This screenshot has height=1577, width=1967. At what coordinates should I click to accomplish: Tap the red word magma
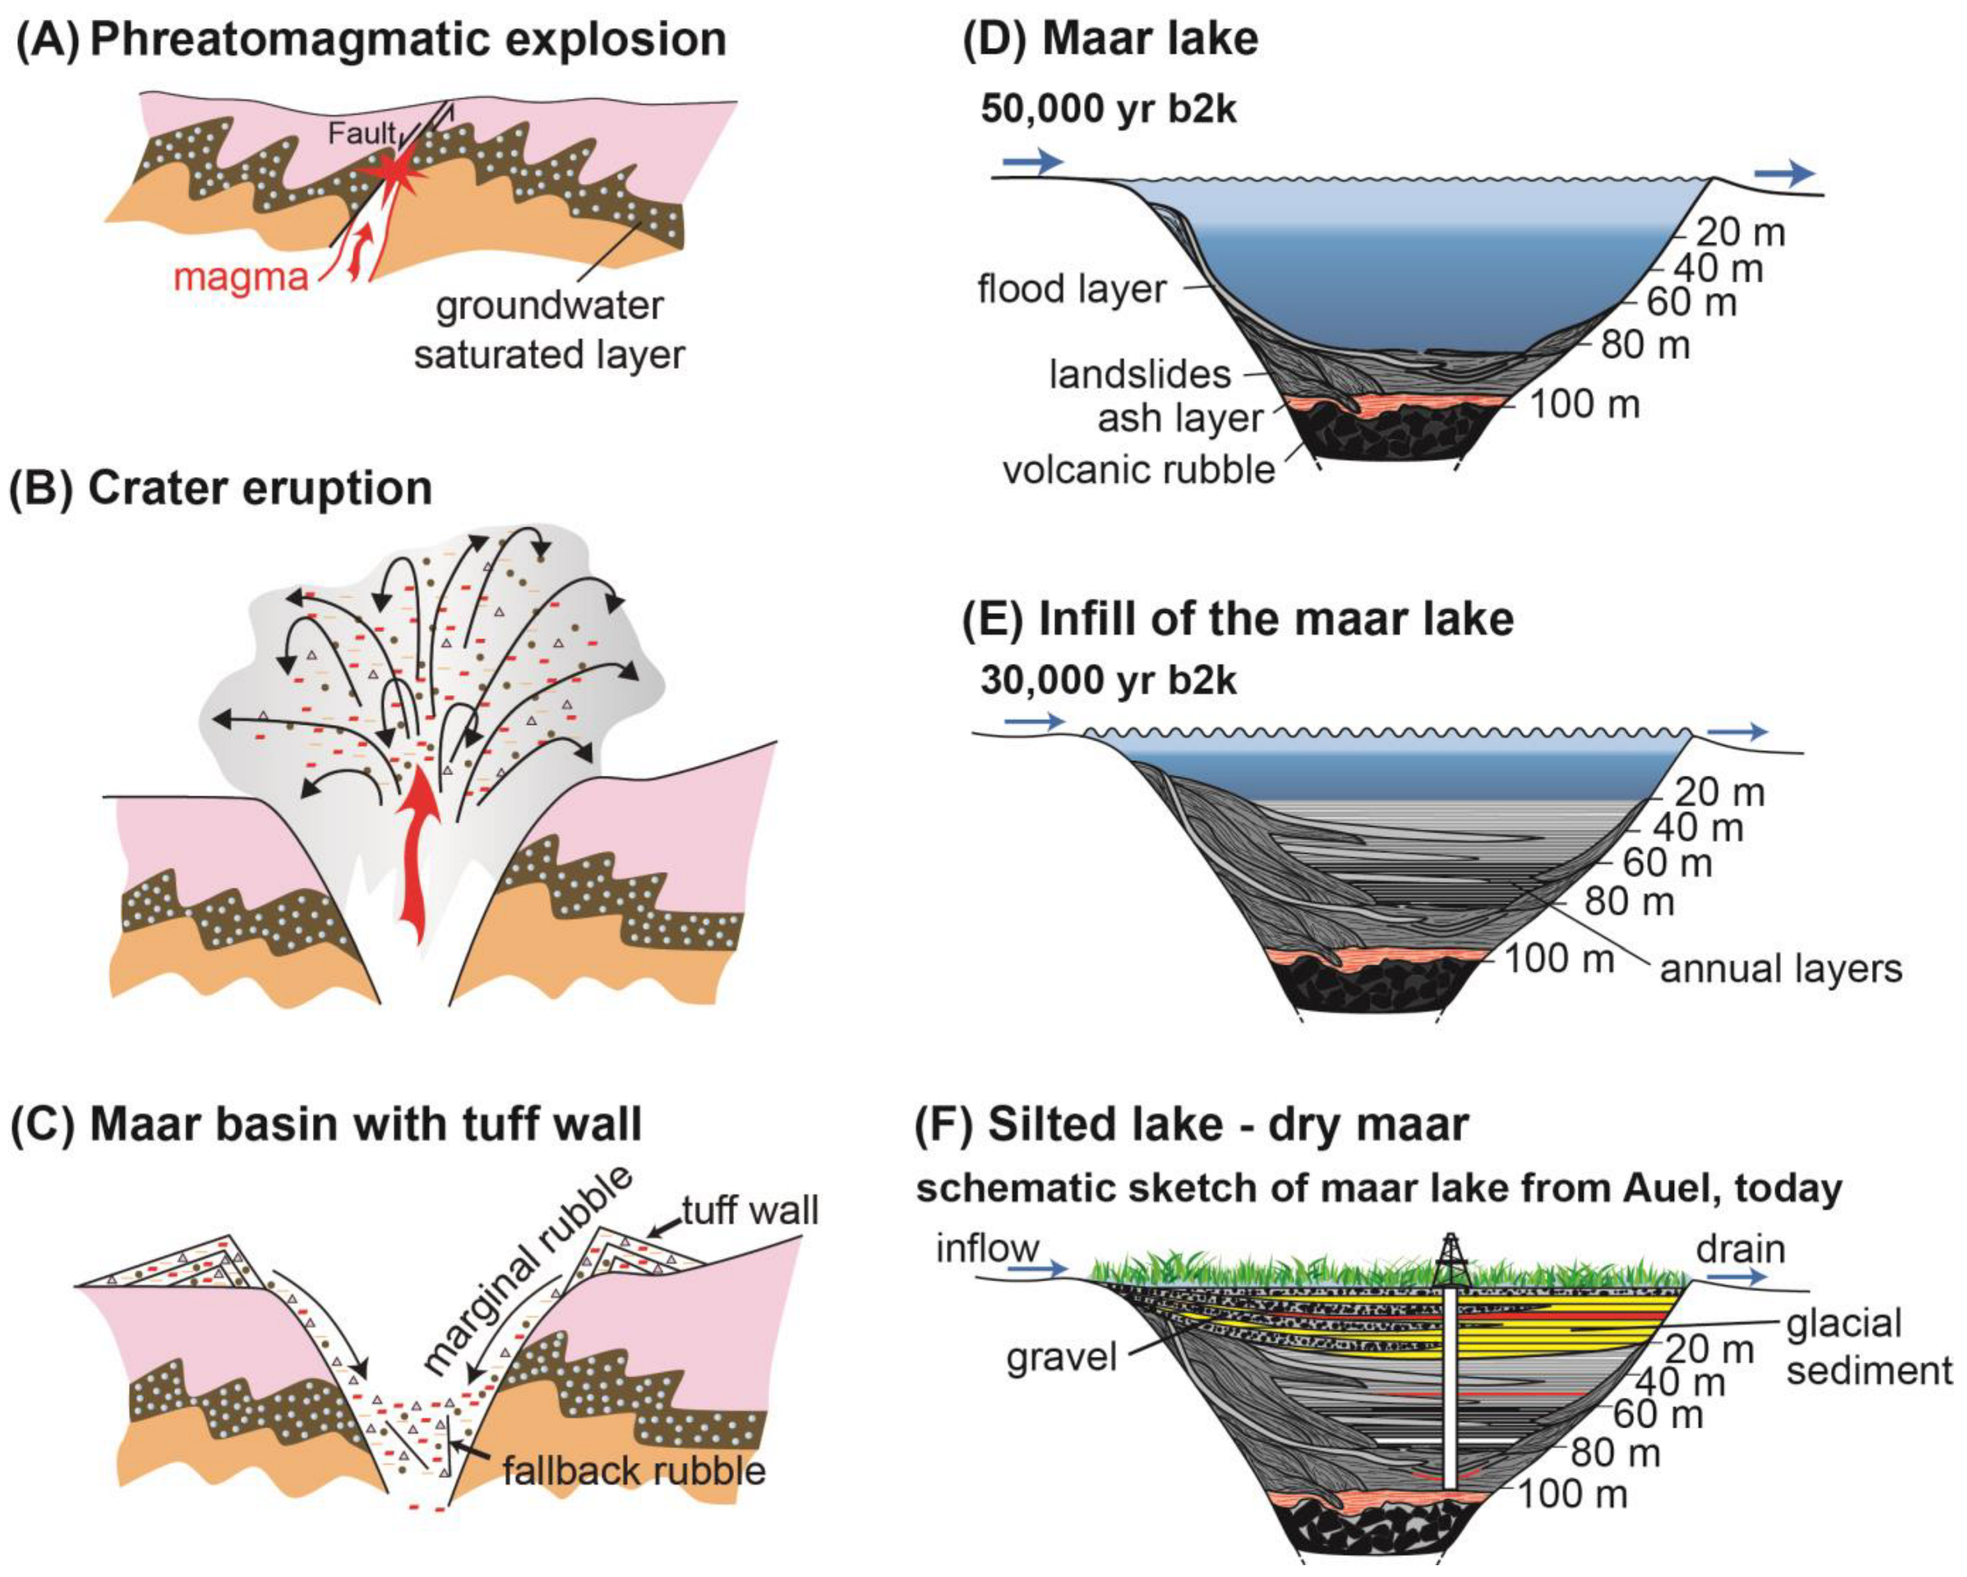[x=240, y=276]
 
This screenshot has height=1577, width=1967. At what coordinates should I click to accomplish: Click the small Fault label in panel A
[x=362, y=134]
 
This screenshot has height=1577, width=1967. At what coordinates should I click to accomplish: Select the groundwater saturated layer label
[x=549, y=329]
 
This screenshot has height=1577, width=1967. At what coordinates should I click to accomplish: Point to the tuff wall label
[x=750, y=1210]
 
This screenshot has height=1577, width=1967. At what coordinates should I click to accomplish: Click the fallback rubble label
[x=633, y=1470]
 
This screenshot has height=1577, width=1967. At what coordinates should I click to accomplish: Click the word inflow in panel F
[x=987, y=1248]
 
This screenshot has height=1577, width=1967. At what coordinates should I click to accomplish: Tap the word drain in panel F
[x=1740, y=1248]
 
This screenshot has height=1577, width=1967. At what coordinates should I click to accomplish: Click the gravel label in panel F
[x=1061, y=1358]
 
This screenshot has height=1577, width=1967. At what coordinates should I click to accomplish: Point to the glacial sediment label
[x=1867, y=1347]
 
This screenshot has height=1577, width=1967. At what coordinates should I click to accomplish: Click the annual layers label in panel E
[x=1781, y=969]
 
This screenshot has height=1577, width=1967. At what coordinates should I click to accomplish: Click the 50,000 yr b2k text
[x=1109, y=109]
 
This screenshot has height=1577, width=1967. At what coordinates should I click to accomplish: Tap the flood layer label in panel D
[x=1071, y=289]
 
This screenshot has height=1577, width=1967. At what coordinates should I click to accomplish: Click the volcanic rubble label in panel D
[x=1139, y=470]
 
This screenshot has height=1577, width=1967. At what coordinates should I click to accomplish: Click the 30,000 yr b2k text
[x=1109, y=681]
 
